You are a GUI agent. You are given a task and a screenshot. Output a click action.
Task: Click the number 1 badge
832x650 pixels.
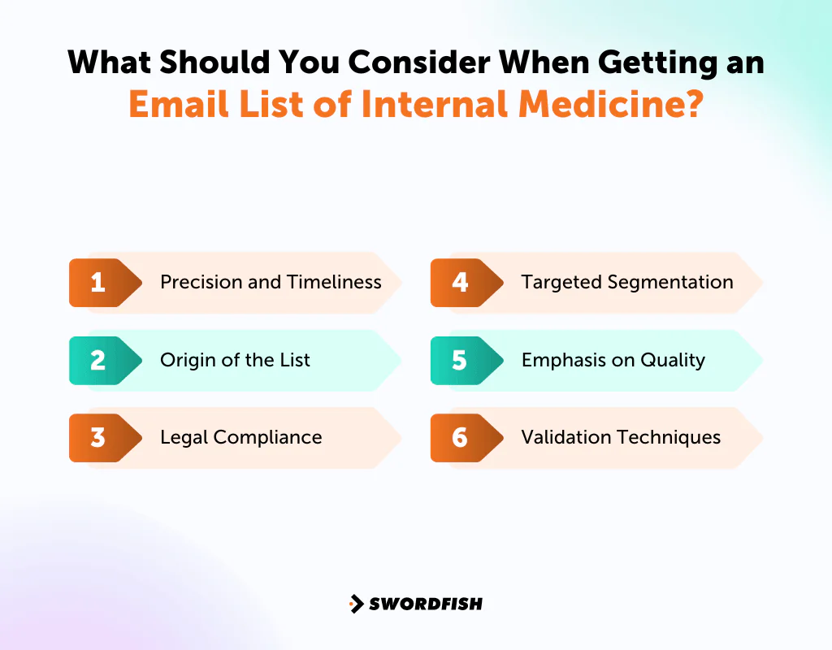[98, 283]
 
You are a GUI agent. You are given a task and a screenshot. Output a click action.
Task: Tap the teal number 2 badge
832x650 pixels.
[98, 360]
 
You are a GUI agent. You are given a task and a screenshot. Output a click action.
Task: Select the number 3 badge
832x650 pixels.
[98, 438]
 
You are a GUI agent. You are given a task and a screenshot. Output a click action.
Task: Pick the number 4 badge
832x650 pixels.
[460, 283]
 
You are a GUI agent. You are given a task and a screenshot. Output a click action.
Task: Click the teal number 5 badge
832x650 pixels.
[460, 360]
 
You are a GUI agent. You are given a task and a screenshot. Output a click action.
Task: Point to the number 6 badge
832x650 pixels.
[460, 438]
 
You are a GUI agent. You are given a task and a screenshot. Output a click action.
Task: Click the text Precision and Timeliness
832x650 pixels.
[271, 283]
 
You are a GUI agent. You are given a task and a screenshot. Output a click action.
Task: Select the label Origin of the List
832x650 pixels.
[235, 360]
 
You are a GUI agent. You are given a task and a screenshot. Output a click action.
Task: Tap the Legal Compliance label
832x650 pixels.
[240, 438]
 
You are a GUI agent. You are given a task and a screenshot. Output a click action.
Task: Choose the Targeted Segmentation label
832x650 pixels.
[627, 283]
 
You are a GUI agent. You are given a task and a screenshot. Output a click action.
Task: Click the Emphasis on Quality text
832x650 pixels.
[613, 360]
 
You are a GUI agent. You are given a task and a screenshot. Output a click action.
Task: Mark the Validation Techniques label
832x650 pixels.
[621, 438]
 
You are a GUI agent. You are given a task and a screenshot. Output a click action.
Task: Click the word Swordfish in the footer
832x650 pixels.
[426, 604]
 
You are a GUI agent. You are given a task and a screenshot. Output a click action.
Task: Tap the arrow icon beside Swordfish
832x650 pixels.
[356, 604]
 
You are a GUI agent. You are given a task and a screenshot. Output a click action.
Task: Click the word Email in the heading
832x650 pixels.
[172, 106]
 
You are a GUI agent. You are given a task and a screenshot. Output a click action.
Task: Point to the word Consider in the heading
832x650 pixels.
[385, 63]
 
